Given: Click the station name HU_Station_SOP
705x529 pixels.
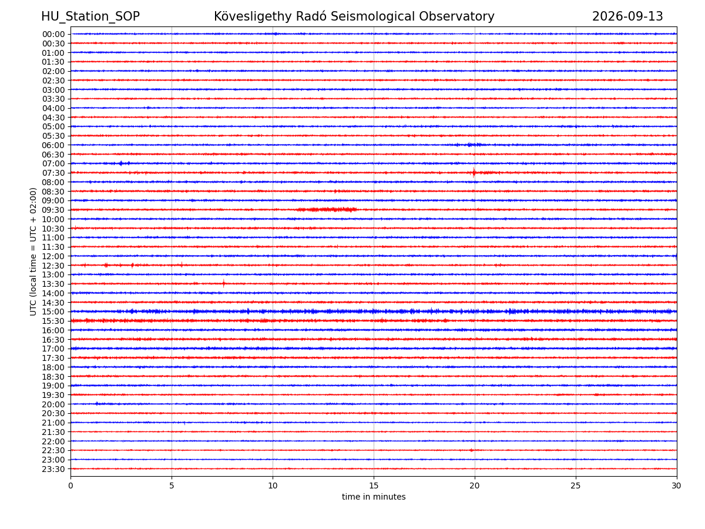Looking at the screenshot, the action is (x=90, y=16).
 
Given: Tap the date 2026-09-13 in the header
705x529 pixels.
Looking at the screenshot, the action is (x=627, y=16).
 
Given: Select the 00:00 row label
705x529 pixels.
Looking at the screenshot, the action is (x=53, y=34).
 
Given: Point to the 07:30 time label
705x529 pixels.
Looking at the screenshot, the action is (x=53, y=173).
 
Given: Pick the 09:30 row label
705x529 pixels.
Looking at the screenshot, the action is (x=53, y=210).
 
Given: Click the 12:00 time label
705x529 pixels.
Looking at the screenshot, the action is (x=53, y=256).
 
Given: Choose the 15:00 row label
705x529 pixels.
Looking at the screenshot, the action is (x=53, y=312).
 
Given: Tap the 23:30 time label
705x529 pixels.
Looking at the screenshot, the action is (x=53, y=469).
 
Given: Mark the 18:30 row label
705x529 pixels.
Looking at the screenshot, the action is (x=53, y=377).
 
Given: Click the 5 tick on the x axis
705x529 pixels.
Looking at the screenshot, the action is (x=172, y=486).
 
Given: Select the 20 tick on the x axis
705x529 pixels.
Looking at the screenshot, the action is (x=474, y=486).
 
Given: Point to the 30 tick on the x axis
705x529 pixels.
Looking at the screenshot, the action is (x=676, y=486).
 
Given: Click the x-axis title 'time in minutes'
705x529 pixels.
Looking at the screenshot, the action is (x=374, y=497).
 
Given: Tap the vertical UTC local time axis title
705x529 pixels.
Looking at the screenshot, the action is (x=33, y=252).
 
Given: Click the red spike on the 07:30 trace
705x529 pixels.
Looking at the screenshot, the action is (x=474, y=172).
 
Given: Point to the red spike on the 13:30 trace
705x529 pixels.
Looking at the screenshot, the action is (x=224, y=283).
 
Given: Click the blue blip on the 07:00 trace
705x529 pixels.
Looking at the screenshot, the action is (x=121, y=163).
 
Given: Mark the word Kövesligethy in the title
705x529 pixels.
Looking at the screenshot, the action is (x=253, y=16).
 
